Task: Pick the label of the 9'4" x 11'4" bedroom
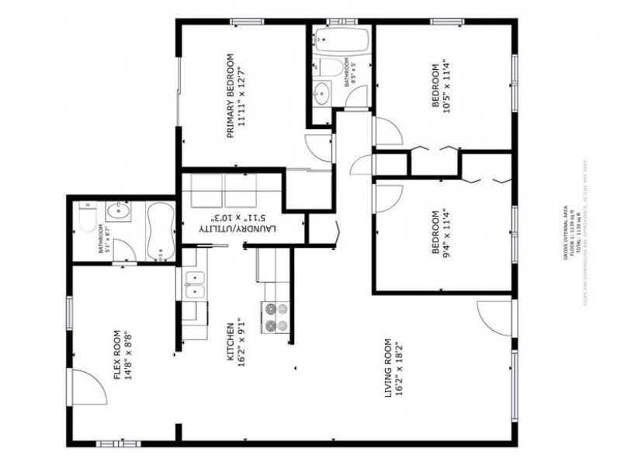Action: [x=440, y=232]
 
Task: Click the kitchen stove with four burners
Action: [x=276, y=316]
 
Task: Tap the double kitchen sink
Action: [x=194, y=283]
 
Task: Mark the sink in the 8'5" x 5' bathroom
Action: [x=321, y=92]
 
